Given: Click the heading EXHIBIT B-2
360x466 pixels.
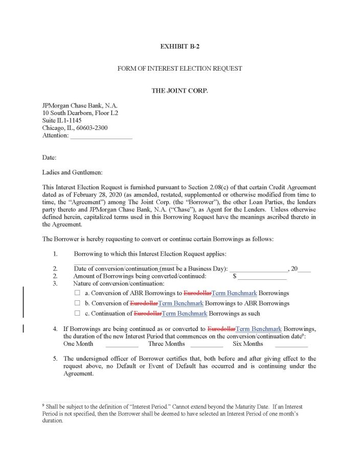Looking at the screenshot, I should click(179, 46).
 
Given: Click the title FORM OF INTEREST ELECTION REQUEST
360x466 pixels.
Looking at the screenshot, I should click(179, 68).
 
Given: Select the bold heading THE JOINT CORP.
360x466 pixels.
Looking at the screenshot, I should click(179, 91).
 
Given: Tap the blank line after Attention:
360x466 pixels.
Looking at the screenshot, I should click(101, 136).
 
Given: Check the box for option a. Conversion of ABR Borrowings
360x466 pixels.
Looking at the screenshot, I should click(78, 293).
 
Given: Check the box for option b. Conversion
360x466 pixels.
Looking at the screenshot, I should click(78, 303).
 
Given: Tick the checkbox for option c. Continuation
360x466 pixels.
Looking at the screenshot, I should click(78, 313).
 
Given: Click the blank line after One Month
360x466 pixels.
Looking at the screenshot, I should click(122, 344).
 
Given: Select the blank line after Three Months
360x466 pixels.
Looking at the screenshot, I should click(206, 344).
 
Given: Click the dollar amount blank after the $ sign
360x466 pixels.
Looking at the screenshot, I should click(262, 276).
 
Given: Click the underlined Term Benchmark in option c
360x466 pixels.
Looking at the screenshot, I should click(184, 313).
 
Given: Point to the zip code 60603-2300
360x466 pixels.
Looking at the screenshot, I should click(91, 128).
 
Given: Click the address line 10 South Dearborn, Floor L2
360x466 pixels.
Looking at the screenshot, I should click(80, 113).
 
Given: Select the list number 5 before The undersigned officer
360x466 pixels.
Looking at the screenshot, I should click(55, 359).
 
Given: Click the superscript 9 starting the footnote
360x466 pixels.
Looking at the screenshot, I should click(43, 406).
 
